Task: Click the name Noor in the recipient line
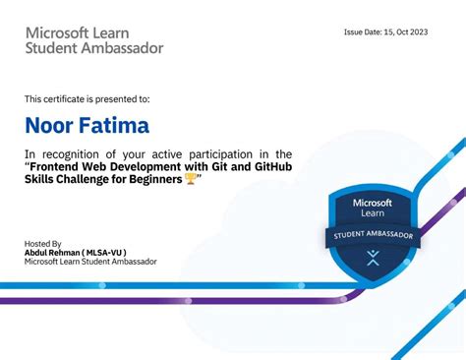click(x=47, y=126)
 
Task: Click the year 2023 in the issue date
click(x=417, y=31)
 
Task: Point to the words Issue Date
click(x=361, y=31)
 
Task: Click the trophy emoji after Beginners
click(x=191, y=179)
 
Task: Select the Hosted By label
click(x=42, y=243)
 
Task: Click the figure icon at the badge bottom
click(x=373, y=259)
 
